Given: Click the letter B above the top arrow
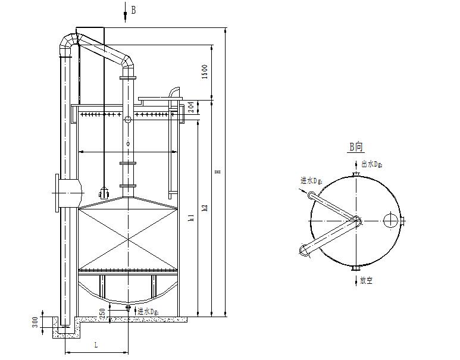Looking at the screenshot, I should pyautogui.click(x=133, y=10).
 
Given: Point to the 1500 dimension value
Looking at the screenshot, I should pyautogui.click(x=204, y=71).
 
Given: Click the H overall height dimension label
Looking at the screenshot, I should pyautogui.click(x=218, y=171).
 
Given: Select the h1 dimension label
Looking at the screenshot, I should pyautogui.click(x=190, y=218).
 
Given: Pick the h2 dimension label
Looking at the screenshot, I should pyautogui.click(x=204, y=208).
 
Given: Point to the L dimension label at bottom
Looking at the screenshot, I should pyautogui.click(x=96, y=345).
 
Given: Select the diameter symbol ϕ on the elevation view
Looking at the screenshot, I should pyautogui.click(x=127, y=145).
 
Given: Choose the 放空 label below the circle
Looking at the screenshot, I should pyautogui.click(x=366, y=280).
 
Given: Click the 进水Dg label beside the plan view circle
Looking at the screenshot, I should pyautogui.click(x=312, y=179).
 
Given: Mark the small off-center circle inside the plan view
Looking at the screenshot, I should pyautogui.click(x=390, y=220).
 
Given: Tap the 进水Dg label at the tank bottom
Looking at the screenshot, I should pyautogui.click(x=147, y=311).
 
